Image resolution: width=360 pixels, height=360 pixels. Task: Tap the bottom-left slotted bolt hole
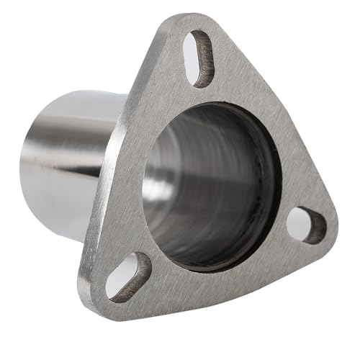coord(128,276)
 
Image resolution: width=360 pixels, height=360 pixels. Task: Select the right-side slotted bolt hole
coord(306,225)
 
